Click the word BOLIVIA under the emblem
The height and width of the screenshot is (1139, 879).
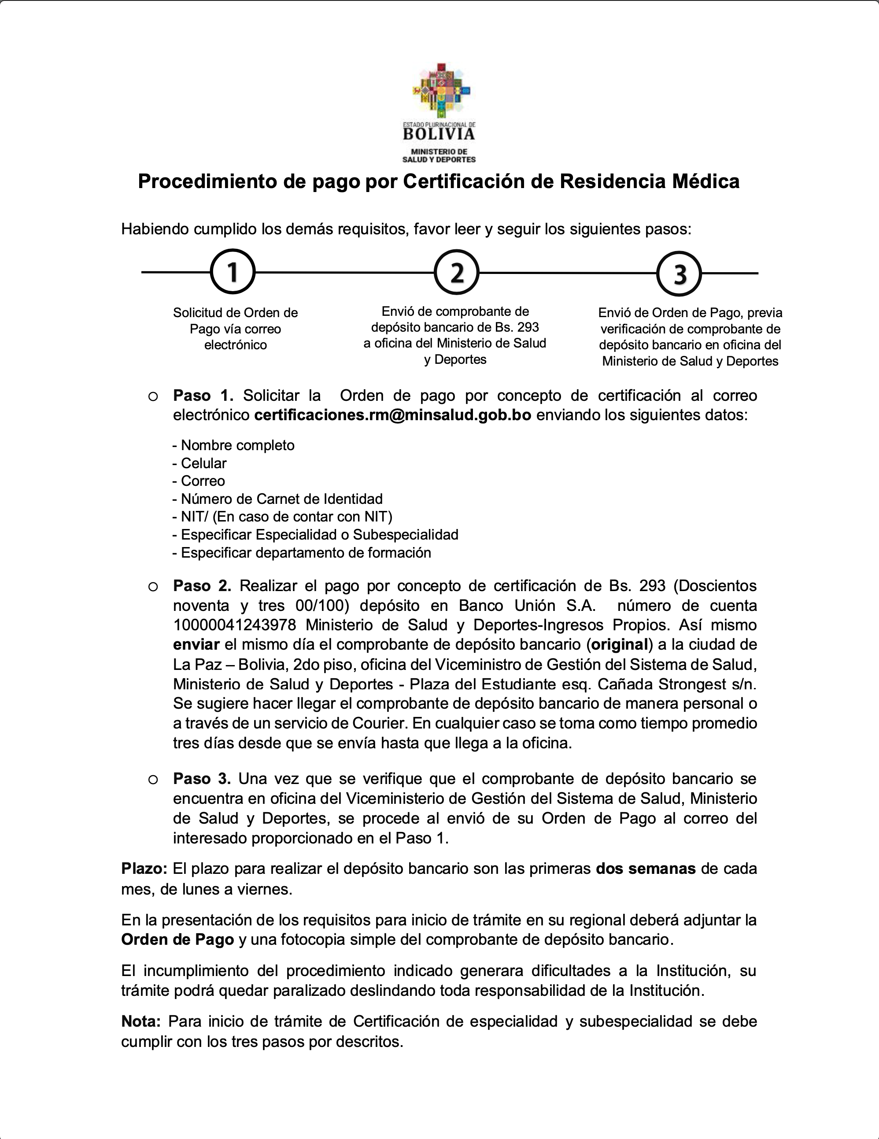[439, 134]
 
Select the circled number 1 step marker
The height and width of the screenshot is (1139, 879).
[233, 272]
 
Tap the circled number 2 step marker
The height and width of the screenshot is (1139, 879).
[457, 272]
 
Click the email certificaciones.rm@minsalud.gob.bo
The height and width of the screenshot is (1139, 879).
[392, 415]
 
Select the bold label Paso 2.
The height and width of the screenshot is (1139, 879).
[202, 586]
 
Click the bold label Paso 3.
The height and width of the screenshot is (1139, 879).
[202, 779]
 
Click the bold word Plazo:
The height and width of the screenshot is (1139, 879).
[144, 869]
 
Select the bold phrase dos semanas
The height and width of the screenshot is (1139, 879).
[646, 869]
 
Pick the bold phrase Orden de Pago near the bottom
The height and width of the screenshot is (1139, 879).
[177, 940]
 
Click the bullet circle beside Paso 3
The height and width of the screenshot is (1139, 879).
[153, 780]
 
